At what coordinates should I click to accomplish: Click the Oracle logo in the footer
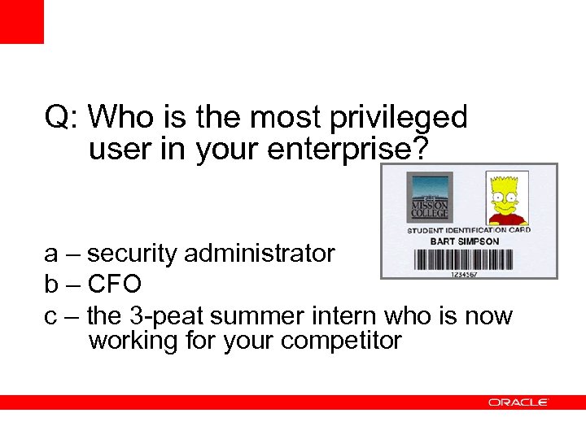coord(518,402)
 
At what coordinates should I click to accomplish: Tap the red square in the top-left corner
coord(21,21)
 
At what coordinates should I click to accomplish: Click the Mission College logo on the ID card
coord(428,198)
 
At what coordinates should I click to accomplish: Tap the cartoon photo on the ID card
coord(507,198)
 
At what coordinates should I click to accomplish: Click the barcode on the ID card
coord(464,259)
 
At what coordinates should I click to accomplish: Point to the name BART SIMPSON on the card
coord(465,241)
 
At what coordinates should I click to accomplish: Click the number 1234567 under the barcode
coord(465,273)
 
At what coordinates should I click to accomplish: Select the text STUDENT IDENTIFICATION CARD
coord(469,231)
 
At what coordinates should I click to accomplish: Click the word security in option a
coord(133,254)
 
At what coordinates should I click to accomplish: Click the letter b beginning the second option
coord(51,284)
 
